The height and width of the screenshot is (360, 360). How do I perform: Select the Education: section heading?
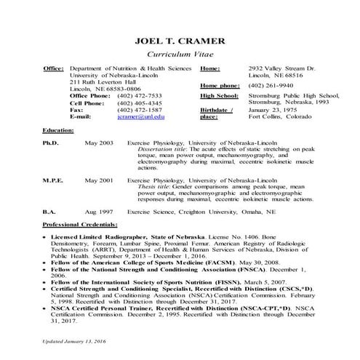coord(60,129)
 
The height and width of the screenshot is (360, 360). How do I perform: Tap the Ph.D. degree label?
coord(52,143)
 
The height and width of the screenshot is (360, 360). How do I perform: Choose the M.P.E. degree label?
coord(54,178)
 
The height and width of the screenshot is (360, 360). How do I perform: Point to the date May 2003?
coord(98,143)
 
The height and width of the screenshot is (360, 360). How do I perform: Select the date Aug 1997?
coord(98,210)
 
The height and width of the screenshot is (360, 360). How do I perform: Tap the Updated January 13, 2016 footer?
coord(75,340)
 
